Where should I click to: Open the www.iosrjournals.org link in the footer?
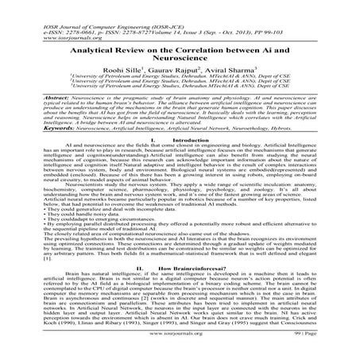(x=180, y=348)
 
